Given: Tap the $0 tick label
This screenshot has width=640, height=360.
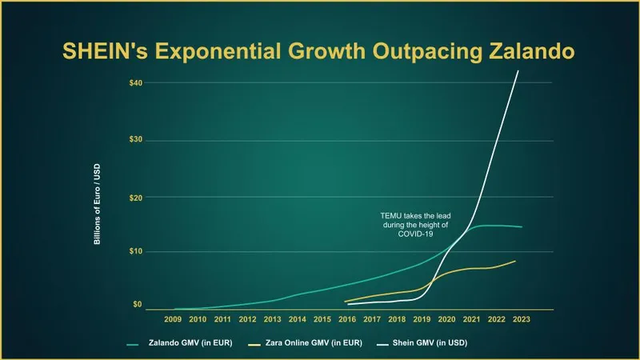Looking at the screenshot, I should (x=138, y=305).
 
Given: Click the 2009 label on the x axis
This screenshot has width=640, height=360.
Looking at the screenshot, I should (x=173, y=319).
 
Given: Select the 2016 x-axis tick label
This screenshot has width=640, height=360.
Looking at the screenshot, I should (x=347, y=319).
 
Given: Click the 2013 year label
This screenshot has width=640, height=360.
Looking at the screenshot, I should (x=273, y=319).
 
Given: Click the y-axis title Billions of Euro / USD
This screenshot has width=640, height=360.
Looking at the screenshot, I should (x=98, y=207).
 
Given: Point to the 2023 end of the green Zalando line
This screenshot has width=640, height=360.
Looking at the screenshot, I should (x=522, y=227).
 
